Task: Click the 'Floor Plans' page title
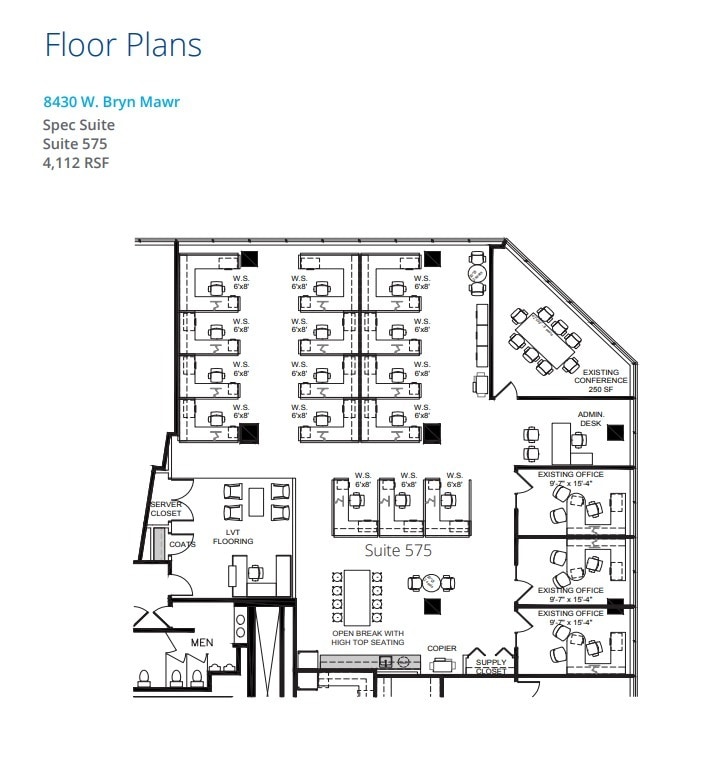point(122,45)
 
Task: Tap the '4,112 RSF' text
point(76,162)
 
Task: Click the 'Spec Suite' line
point(79,125)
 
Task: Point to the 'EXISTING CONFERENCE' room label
point(601,380)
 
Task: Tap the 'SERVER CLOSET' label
point(165,509)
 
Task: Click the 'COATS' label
point(182,544)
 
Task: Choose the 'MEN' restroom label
point(201,642)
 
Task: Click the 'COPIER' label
point(442,649)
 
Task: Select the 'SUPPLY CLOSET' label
point(491,666)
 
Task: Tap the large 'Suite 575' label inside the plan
point(398,550)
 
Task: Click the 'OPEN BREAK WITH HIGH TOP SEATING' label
point(368,638)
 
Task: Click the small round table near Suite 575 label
point(430,583)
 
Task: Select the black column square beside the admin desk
point(615,433)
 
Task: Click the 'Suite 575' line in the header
point(75,143)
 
